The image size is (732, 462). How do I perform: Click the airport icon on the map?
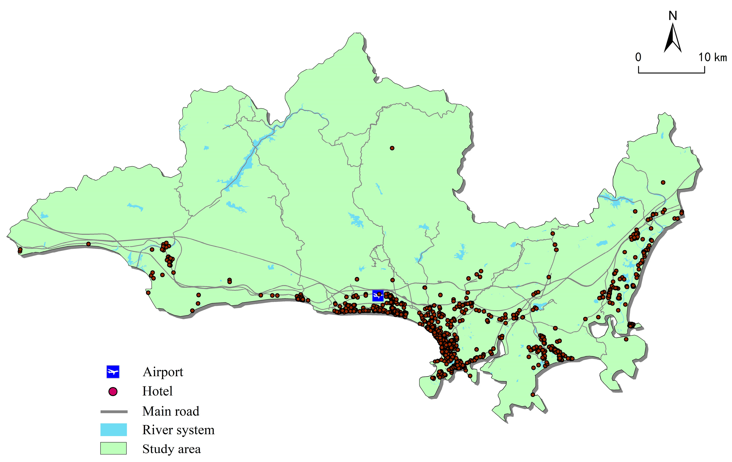click(x=378, y=295)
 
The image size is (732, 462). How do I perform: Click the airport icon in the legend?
click(x=113, y=371)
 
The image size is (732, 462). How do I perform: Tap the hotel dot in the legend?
click(x=113, y=392)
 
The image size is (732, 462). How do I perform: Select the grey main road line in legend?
click(x=114, y=412)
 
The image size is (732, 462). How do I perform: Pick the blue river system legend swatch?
click(x=113, y=430)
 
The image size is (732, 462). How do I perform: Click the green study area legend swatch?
click(x=113, y=448)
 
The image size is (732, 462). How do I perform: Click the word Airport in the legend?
click(x=163, y=372)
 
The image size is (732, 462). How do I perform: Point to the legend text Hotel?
click(x=157, y=391)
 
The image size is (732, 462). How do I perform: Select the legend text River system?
click(x=178, y=430)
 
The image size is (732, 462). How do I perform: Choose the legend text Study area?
click(x=171, y=449)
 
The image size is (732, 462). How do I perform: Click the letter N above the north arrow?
click(x=673, y=16)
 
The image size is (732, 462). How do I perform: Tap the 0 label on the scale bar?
click(x=638, y=57)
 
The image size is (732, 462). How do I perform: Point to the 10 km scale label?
click(x=712, y=57)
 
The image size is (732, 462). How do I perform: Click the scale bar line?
click(x=671, y=73)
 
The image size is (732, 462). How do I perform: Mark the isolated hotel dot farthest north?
click(x=392, y=148)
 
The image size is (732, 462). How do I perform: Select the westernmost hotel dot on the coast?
click(x=20, y=250)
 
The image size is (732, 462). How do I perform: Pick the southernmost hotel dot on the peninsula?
click(x=533, y=395)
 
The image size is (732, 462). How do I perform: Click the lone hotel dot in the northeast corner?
click(x=663, y=182)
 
